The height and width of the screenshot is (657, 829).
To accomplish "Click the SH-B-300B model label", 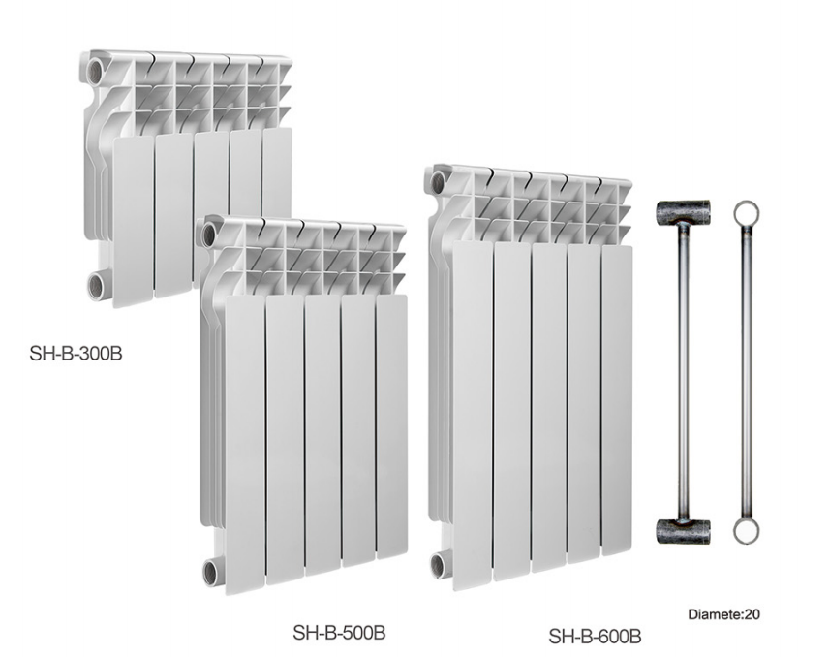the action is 76,354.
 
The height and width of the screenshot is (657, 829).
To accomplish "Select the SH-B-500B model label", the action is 339,632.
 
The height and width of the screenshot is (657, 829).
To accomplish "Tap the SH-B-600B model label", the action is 595,636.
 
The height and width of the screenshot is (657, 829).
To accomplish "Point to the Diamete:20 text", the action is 723,614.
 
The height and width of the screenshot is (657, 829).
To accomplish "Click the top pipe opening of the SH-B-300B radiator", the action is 95,71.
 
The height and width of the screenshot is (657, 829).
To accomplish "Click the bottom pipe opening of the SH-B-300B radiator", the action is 97,286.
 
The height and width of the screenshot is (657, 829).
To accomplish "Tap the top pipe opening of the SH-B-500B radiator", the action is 209,235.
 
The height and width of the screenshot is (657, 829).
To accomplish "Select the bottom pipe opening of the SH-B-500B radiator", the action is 210,573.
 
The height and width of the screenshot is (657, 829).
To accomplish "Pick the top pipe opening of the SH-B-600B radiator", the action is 438,183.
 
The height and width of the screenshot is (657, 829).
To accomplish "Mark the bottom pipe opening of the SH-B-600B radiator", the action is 439,565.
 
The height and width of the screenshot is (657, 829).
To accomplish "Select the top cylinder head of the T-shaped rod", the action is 683,212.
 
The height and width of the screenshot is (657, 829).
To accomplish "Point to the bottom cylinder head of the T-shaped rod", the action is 683,531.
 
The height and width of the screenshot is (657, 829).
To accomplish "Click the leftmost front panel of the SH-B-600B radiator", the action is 474,416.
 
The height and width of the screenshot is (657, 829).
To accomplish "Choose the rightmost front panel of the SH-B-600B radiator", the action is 617,399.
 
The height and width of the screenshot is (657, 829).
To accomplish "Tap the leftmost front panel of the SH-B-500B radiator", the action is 245,445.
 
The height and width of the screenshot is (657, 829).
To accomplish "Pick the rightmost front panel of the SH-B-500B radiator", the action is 392,425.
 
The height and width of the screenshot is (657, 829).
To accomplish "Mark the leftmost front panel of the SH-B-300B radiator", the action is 134,221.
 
